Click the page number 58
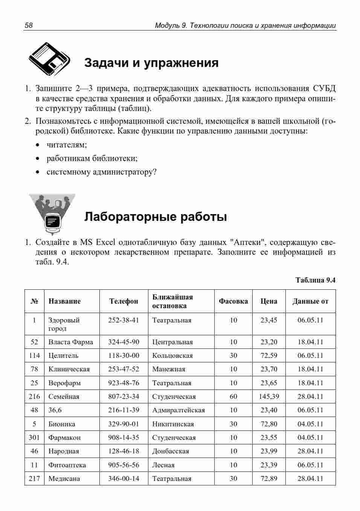(29, 26)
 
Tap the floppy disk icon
(49, 59)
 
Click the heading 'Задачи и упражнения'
(151, 62)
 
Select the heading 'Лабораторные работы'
(155, 217)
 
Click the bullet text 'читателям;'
(67, 145)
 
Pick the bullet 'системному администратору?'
(101, 172)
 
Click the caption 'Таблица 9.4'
(315, 280)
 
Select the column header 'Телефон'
(124, 301)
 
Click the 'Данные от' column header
(310, 301)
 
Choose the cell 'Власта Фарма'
(70, 342)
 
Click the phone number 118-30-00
(124, 356)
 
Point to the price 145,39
(269, 396)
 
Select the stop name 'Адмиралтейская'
(178, 410)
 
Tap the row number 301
(34, 437)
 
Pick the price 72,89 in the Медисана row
(269, 478)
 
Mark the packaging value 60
(233, 396)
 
